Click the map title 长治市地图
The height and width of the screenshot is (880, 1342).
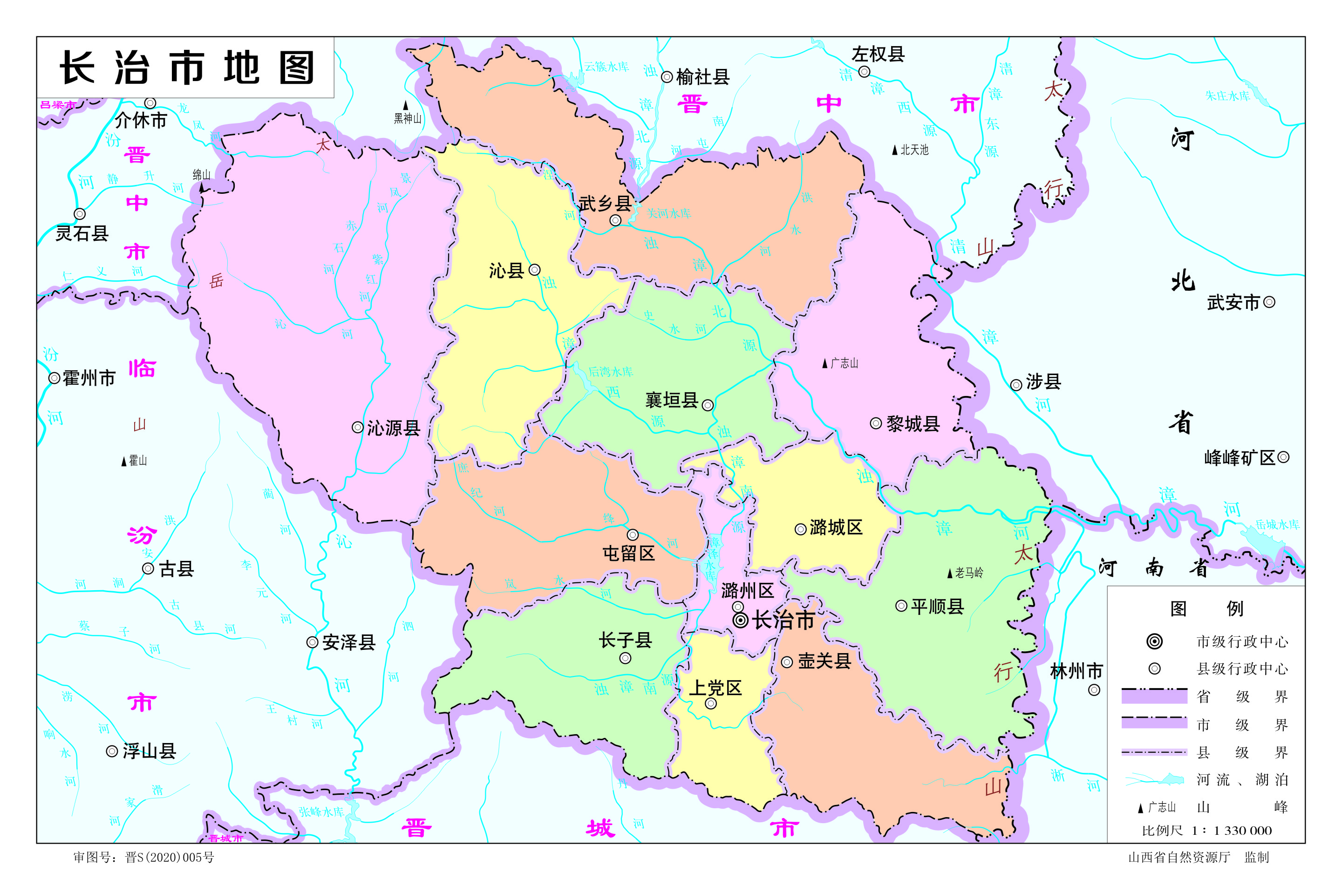pyautogui.click(x=186, y=68)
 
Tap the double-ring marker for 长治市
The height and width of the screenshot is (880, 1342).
pyautogui.click(x=740, y=620)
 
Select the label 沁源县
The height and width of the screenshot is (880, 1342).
pyautogui.click(x=394, y=428)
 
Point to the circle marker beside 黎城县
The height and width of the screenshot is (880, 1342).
pyautogui.click(x=875, y=423)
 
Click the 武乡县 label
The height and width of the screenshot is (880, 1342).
pyautogui.click(x=605, y=204)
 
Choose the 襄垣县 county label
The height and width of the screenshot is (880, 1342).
pyautogui.click(x=672, y=400)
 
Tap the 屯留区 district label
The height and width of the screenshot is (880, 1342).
pyautogui.click(x=629, y=553)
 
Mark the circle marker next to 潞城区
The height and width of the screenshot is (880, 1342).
pyautogui.click(x=800, y=529)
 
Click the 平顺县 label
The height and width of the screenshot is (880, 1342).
pyautogui.click(x=937, y=607)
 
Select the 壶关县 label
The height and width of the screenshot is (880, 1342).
pyautogui.click(x=824, y=661)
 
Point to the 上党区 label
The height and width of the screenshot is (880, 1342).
pyautogui.click(x=715, y=688)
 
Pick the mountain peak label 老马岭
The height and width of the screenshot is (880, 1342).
pyautogui.click(x=969, y=573)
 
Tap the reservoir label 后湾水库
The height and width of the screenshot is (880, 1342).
pyautogui.click(x=611, y=371)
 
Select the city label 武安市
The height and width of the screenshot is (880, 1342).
pyautogui.click(x=1233, y=303)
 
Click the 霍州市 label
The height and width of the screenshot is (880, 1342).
pyautogui.click(x=89, y=378)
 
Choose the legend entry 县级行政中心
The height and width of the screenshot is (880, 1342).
pyautogui.click(x=1242, y=669)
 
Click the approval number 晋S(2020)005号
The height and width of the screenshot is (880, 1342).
pyautogui.click(x=169, y=858)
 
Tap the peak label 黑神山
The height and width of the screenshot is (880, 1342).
pyautogui.click(x=407, y=118)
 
